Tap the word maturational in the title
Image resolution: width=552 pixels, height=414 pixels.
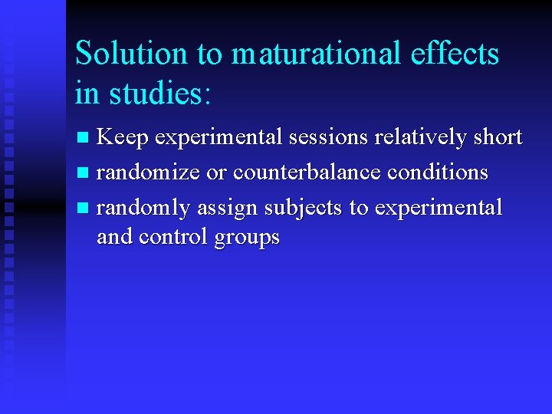[315, 54]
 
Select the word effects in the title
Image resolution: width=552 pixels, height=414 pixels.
[454, 54]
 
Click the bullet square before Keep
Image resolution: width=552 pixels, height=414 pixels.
[84, 139]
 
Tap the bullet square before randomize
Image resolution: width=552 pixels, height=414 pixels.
[84, 173]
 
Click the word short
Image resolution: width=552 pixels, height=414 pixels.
[497, 137]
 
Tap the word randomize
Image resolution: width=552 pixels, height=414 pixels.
[150, 172]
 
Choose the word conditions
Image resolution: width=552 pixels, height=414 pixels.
[437, 172]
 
